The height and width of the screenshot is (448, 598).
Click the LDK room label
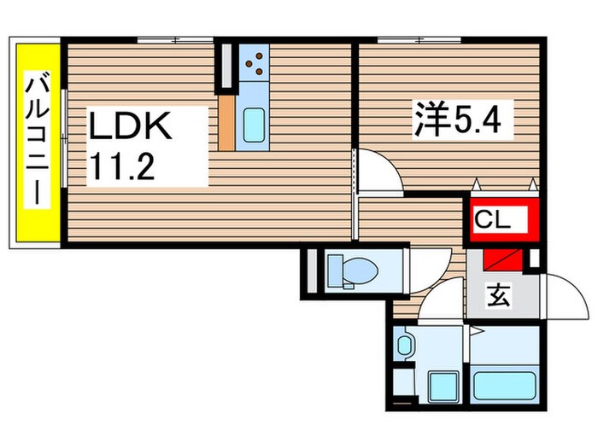point(132,129)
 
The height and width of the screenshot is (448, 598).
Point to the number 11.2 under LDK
point(123,166)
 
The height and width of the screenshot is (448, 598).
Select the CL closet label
point(493,219)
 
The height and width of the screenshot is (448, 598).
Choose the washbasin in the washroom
point(405,346)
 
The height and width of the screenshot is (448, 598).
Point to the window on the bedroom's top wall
point(419,39)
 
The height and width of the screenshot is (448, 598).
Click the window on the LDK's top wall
point(175,39)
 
